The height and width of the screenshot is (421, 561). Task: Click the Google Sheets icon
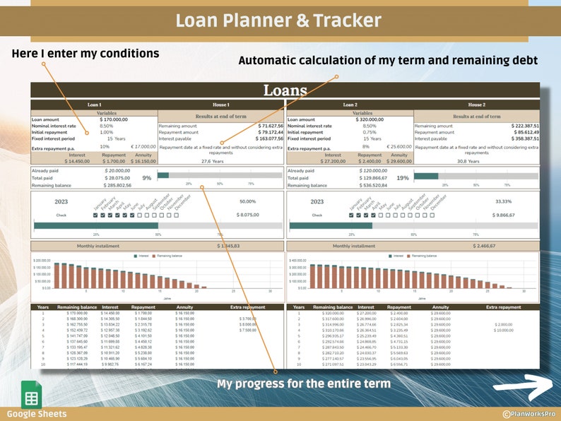[31, 393]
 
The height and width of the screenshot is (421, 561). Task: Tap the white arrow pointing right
[523, 388]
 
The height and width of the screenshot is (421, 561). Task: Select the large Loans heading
[285, 90]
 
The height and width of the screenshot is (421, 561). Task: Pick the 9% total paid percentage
[147, 178]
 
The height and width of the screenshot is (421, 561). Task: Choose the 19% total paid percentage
[403, 178]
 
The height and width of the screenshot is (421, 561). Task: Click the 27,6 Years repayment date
[221, 161]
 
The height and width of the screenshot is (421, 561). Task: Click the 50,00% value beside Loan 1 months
[247, 201]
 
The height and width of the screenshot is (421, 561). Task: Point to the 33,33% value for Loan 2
[503, 201]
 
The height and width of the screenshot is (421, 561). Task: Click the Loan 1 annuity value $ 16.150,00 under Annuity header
[144, 161]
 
